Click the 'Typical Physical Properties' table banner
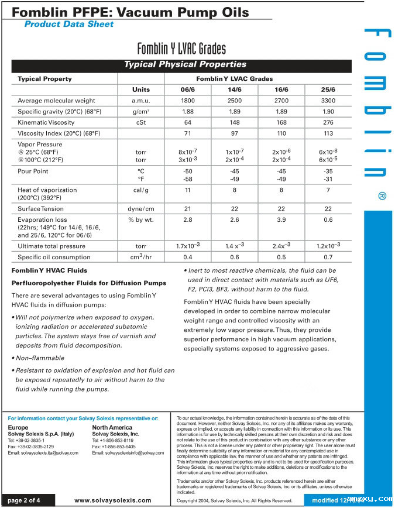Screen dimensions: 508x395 (x=184, y=64)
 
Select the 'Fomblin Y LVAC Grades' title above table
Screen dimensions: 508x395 (x=181, y=48)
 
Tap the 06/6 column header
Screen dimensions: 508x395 (x=187, y=90)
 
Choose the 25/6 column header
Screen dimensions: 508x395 (x=328, y=90)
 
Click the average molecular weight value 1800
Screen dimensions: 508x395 (x=187, y=101)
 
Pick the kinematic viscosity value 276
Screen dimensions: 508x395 (x=328, y=122)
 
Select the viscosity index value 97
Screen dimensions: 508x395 (x=234, y=133)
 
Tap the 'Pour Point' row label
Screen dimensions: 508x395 (x=33, y=171)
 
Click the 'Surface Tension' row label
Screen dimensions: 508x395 (x=41, y=208)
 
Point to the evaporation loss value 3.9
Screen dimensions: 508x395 (x=281, y=219)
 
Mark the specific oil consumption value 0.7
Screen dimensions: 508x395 (x=328, y=257)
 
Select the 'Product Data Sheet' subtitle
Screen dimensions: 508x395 (x=69, y=24)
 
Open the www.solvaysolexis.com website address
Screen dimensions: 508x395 (x=112, y=500)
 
